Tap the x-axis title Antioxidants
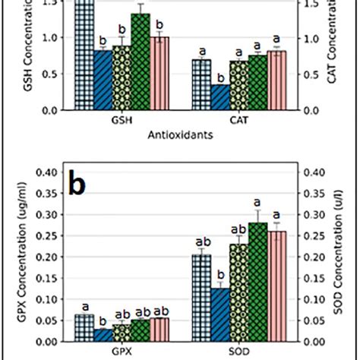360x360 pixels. [179, 137]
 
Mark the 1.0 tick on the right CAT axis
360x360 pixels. [311, 38]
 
